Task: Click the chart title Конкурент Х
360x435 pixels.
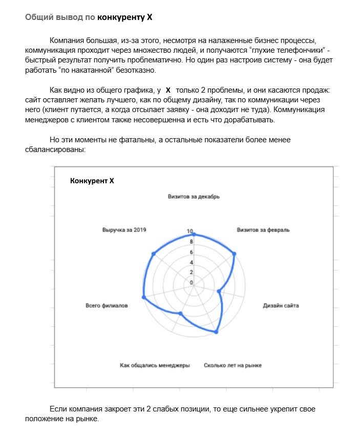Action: click(92, 181)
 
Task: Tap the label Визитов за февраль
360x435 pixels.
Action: click(263, 230)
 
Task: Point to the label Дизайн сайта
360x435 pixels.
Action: click(281, 306)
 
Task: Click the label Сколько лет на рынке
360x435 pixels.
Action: click(232, 365)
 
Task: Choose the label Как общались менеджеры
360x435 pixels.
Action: click(155, 365)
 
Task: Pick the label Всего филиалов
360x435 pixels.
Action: click(107, 306)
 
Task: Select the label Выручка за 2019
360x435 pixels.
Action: click(124, 230)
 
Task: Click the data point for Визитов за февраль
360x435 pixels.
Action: click(235, 254)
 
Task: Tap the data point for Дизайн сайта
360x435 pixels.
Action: click(219, 292)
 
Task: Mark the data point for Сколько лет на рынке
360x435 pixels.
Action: click(216, 332)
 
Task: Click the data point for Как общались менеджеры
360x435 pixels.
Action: click(180, 313)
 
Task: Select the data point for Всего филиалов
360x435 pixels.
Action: click(143, 297)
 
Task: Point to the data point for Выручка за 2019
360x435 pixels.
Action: click(153, 254)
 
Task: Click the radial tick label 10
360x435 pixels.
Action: click(190, 232)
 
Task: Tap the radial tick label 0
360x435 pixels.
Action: click(192, 282)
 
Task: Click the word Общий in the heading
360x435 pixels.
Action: click(37, 17)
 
